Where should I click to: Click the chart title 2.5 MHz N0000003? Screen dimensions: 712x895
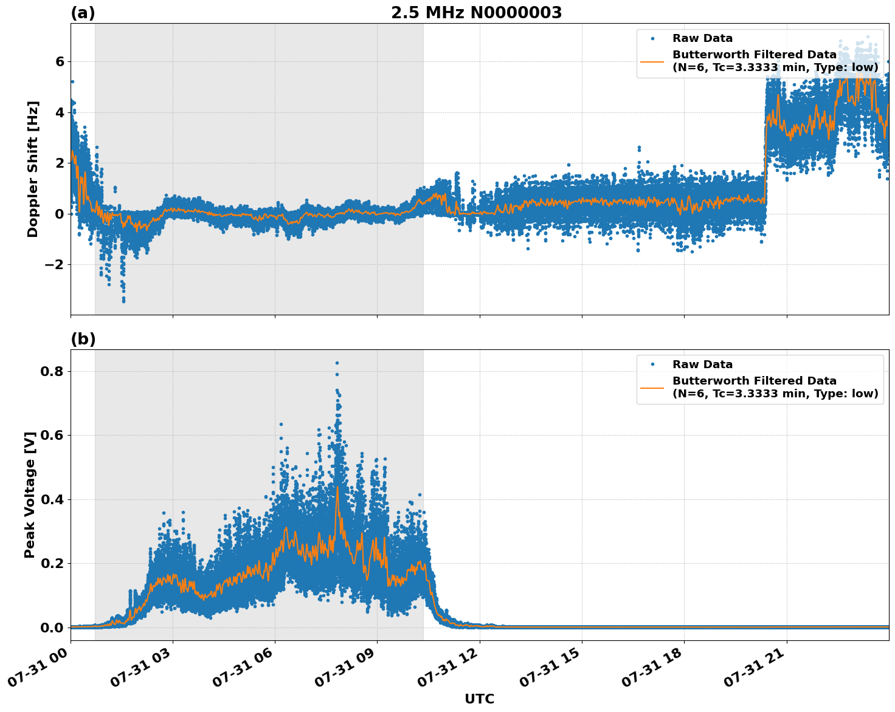[476, 13]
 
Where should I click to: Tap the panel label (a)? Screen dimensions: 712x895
[83, 13]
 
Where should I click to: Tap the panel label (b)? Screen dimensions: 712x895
[83, 339]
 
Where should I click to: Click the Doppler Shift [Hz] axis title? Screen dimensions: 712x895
[33, 169]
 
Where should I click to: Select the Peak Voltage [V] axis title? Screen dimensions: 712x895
[30, 495]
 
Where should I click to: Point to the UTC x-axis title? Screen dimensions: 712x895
[479, 699]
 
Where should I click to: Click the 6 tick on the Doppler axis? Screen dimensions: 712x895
[60, 61]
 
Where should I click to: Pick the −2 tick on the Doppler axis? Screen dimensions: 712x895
[55, 264]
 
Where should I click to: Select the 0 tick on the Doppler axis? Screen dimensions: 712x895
[60, 214]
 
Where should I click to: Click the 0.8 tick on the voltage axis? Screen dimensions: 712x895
[52, 371]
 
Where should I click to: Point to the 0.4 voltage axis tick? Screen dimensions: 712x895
[52, 499]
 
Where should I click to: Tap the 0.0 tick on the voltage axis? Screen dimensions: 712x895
[52, 628]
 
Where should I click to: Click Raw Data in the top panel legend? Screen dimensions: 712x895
[702, 38]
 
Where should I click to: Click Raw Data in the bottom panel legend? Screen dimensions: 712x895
[702, 365]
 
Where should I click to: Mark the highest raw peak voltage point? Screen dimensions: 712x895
[337, 363]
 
